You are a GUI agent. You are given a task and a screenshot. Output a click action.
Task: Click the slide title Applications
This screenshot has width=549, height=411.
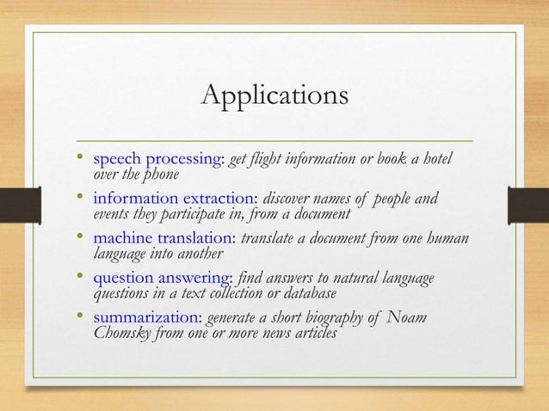[x=274, y=95]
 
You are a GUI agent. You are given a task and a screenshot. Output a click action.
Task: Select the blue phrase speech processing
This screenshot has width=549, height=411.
[x=157, y=161]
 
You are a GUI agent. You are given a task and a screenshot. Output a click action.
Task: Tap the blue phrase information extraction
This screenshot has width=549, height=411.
[x=170, y=200]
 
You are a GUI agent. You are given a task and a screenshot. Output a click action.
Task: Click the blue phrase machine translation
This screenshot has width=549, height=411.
[x=163, y=240]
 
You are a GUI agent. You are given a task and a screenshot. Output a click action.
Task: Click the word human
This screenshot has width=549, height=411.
[x=453, y=240]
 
